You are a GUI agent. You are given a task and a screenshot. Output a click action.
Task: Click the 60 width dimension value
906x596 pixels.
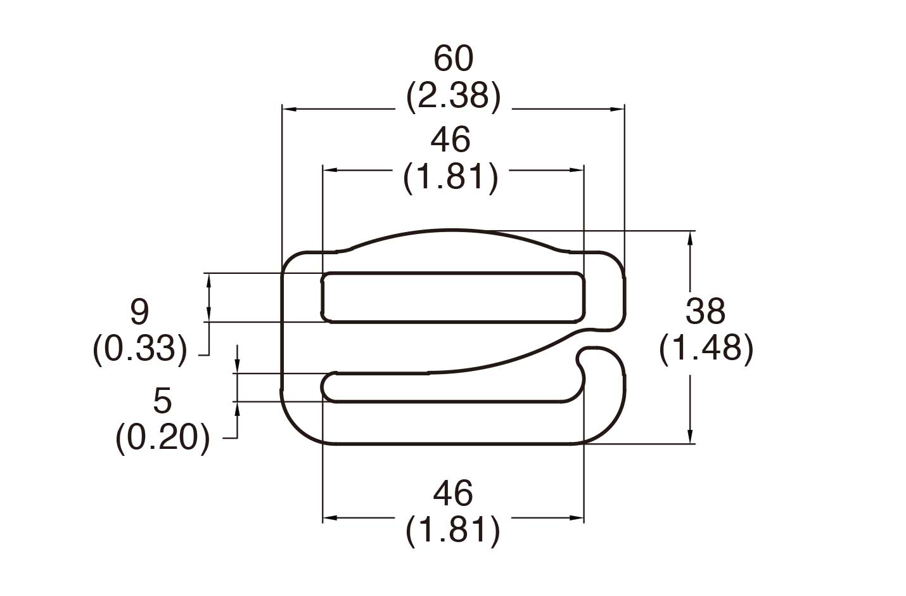pyautogui.click(x=453, y=58)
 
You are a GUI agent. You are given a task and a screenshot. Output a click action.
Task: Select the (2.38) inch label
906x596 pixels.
pyautogui.click(x=453, y=96)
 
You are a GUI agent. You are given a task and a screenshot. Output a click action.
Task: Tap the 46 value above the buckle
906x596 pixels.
pyautogui.click(x=450, y=139)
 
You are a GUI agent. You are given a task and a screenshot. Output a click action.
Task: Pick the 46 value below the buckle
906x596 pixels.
pyautogui.click(x=453, y=493)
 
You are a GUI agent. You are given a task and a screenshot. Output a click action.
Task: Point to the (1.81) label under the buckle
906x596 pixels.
pyautogui.click(x=453, y=531)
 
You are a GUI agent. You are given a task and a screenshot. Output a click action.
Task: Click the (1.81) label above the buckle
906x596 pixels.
pyautogui.click(x=450, y=177)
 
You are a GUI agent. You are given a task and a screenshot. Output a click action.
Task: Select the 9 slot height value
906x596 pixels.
pyautogui.click(x=139, y=312)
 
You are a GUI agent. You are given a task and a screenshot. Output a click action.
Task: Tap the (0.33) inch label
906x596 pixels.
pyautogui.click(x=140, y=349)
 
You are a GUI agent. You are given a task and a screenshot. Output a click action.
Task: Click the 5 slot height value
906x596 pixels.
pyautogui.click(x=162, y=401)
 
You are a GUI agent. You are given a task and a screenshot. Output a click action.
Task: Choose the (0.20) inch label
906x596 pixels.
pyautogui.click(x=163, y=438)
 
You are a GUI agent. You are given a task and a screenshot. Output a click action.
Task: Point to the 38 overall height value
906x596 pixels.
pyautogui.click(x=706, y=311)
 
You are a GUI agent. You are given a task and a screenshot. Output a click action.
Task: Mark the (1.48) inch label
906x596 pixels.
pyautogui.click(x=706, y=349)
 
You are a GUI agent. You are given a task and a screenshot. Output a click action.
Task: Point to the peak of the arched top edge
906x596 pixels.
pyautogui.click(x=451, y=231)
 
